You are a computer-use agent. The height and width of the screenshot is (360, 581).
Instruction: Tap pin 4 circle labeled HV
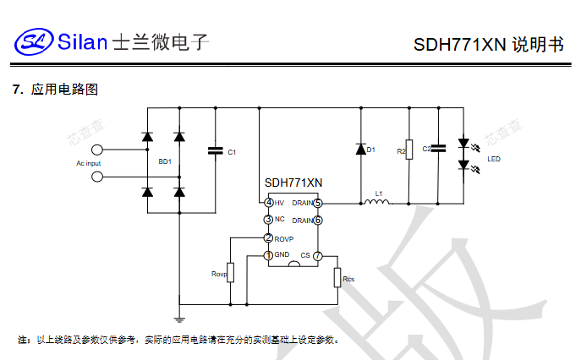tap(268, 203)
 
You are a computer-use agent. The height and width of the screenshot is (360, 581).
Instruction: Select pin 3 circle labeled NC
tap(268, 220)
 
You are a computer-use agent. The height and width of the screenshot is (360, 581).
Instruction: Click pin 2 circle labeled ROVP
tap(268, 238)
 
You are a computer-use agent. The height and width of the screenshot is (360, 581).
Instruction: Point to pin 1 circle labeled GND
tap(268, 255)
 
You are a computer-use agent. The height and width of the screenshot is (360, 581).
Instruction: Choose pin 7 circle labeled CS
tap(318, 255)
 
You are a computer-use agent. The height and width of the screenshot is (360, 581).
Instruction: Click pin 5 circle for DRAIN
tap(318, 203)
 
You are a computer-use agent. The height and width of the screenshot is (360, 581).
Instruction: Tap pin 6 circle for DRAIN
tap(318, 220)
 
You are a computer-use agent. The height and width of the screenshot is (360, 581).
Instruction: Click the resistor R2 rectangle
tap(409, 150)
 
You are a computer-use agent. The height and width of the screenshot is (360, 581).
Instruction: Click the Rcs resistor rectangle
tap(337, 277)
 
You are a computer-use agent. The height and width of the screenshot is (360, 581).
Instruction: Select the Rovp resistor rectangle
tap(229, 272)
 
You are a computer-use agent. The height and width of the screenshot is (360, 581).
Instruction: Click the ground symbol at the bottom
tap(179, 319)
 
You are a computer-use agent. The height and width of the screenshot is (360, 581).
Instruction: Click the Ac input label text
tap(88, 162)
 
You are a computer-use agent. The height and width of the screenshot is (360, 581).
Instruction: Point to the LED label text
tap(493, 159)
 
